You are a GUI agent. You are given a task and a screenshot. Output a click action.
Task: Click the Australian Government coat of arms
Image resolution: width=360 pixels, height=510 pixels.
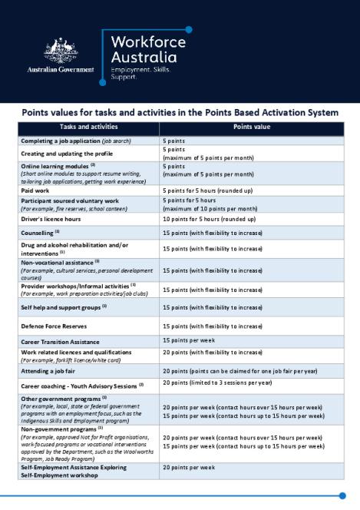pyautogui.click(x=61, y=51)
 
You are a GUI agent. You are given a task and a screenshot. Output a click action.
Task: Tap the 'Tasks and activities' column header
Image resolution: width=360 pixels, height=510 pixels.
pyautogui.click(x=88, y=127)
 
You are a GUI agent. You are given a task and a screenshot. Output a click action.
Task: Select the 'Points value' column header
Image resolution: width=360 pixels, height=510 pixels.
pyautogui.click(x=251, y=127)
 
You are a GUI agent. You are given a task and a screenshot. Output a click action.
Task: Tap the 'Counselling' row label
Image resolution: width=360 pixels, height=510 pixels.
pyautogui.click(x=38, y=232)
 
